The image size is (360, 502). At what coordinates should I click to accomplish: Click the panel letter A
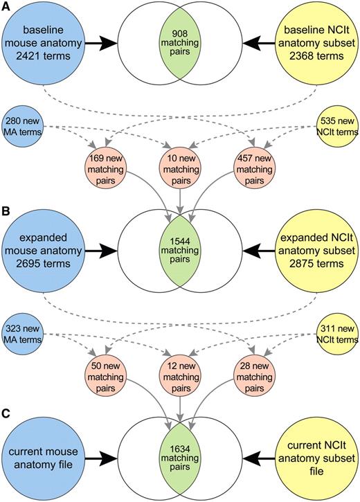(6, 6)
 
